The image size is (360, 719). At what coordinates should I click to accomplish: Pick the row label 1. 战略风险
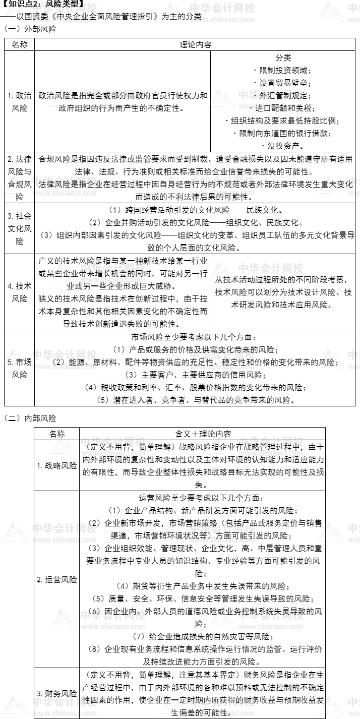pyautogui.click(x=56, y=465)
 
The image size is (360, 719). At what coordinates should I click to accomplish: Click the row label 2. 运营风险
pyautogui.click(x=56, y=579)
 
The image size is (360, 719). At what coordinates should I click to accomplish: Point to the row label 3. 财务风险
pyautogui.click(x=56, y=693)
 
